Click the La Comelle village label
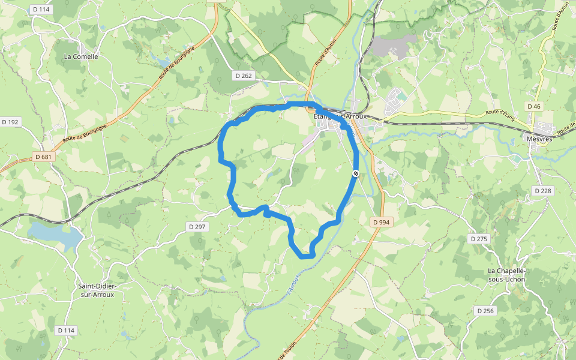click(x=80, y=56)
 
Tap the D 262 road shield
click(x=244, y=76)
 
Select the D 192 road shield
click(x=11, y=122)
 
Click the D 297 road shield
click(x=197, y=227)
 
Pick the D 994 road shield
click(x=381, y=222)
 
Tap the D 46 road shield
click(x=533, y=106)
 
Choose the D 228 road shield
click(x=543, y=191)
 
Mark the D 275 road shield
click(x=479, y=239)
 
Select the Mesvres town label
click(x=539, y=139)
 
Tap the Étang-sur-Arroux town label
click(x=340, y=116)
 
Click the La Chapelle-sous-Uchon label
click(x=506, y=275)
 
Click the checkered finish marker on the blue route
click(x=356, y=173)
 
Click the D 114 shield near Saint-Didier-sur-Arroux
click(x=67, y=331)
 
